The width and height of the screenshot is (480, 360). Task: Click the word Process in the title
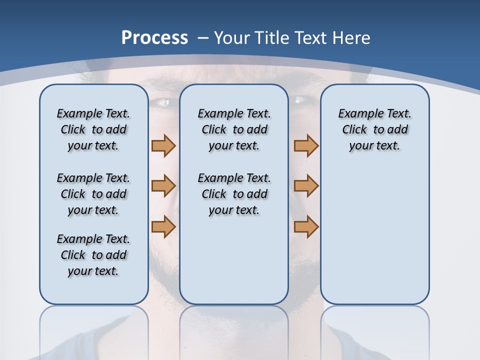[x=154, y=37]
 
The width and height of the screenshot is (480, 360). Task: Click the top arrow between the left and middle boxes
[x=163, y=145]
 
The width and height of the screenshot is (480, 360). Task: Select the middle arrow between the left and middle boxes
[x=163, y=186]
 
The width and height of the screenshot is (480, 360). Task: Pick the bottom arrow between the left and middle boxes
[x=163, y=226]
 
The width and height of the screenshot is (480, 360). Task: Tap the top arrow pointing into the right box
[x=306, y=145]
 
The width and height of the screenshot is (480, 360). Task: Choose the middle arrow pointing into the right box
[x=306, y=186]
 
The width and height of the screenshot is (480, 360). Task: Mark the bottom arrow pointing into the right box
[x=306, y=226]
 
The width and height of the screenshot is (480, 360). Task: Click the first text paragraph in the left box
[x=93, y=129]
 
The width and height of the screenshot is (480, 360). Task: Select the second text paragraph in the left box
[x=93, y=194]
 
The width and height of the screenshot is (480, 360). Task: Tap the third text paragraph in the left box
[x=93, y=255]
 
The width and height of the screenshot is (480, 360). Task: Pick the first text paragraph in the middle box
[x=234, y=129]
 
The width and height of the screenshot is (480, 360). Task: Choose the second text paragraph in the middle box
[x=234, y=194]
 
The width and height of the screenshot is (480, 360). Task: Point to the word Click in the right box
[x=354, y=130]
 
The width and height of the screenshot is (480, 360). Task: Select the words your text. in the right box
[x=374, y=146]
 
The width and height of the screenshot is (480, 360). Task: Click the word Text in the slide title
[x=311, y=38]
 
